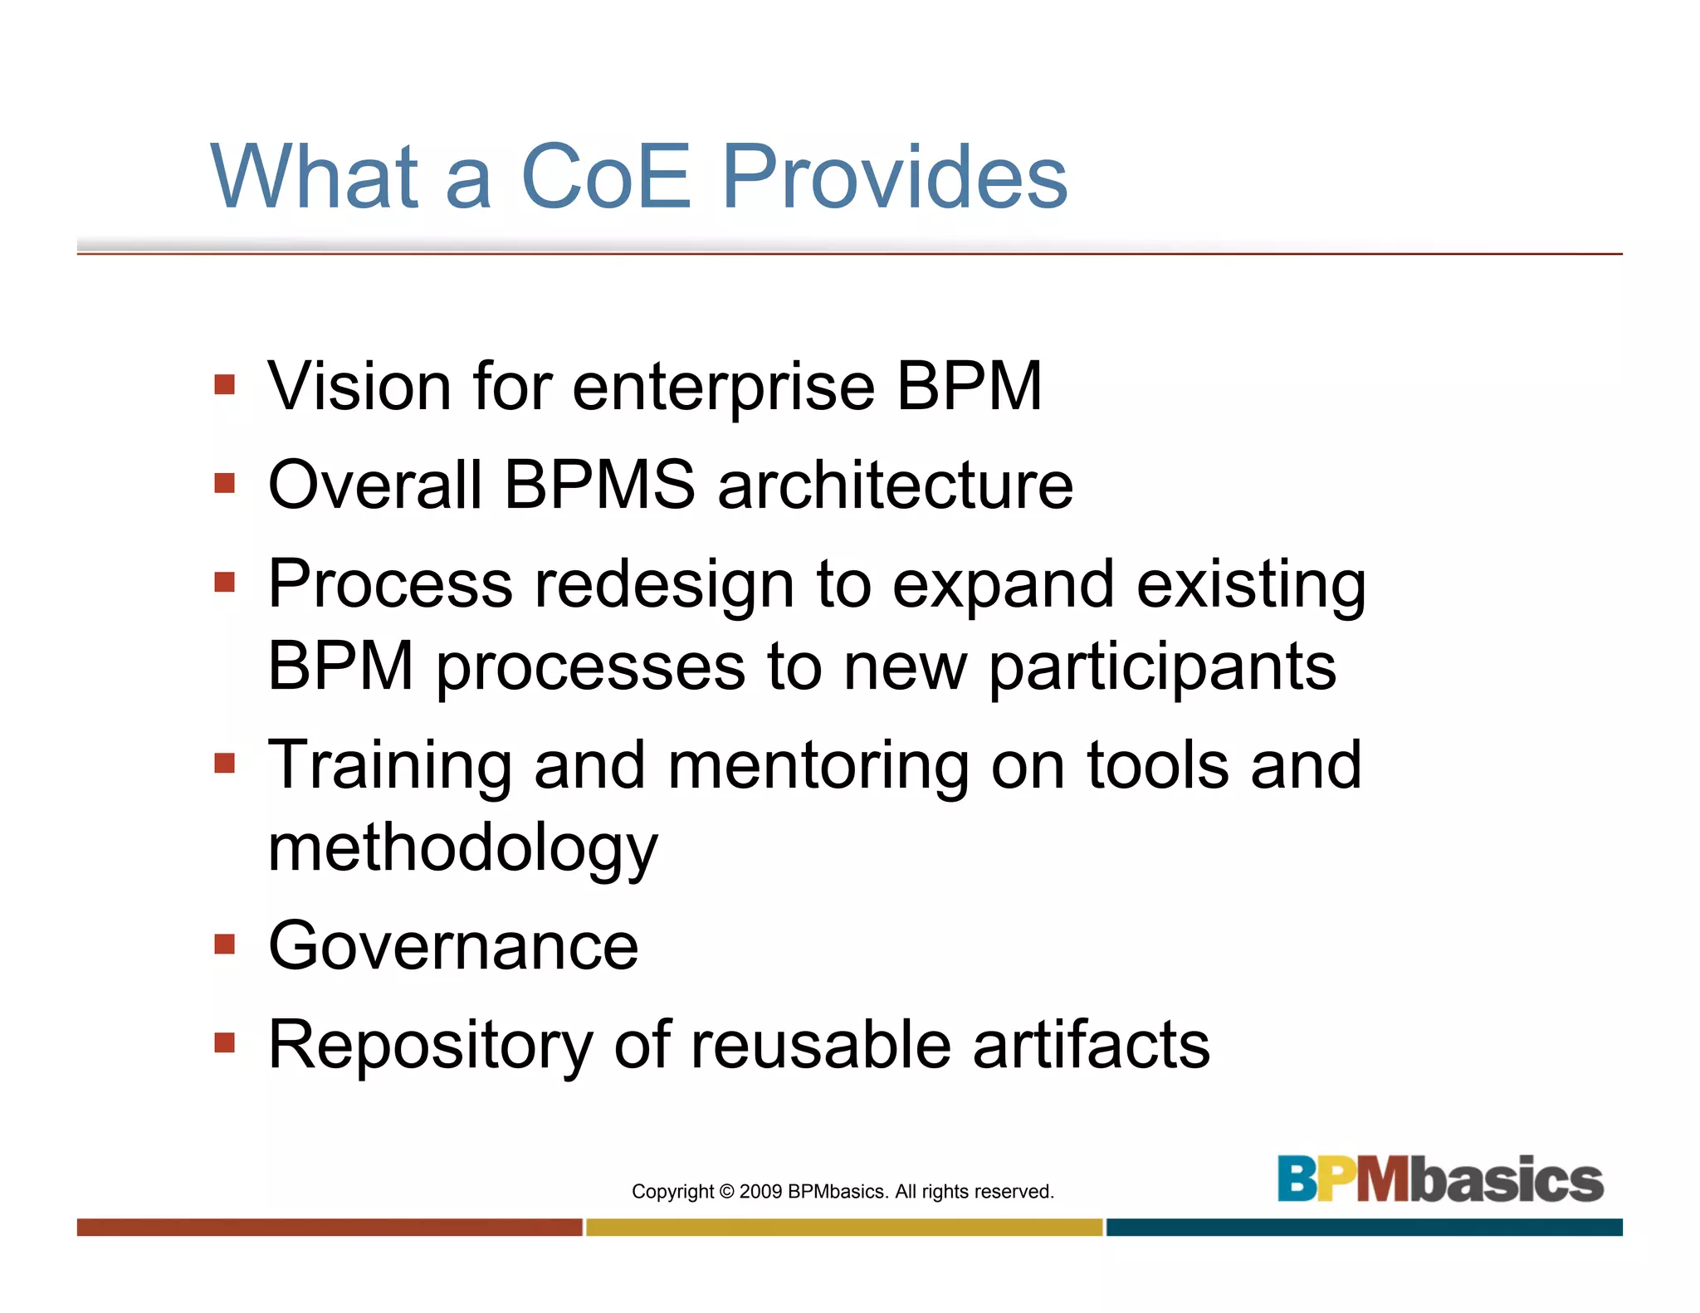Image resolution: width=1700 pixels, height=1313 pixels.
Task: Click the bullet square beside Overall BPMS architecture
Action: (224, 483)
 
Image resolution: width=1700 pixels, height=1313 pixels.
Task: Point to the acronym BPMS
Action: (599, 485)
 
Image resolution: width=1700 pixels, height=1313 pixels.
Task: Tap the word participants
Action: (1162, 668)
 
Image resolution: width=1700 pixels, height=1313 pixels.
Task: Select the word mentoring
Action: (818, 765)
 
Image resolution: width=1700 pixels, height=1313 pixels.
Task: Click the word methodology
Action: (462, 848)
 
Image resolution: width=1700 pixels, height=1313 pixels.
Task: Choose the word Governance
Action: (453, 946)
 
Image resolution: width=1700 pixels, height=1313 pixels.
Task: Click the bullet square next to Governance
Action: (224, 944)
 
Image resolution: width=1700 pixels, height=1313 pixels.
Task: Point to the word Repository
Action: (430, 1046)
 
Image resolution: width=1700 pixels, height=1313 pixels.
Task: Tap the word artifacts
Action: (1091, 1045)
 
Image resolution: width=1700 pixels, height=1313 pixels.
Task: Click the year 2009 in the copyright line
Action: (760, 1192)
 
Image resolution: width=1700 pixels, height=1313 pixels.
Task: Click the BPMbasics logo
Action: (1440, 1179)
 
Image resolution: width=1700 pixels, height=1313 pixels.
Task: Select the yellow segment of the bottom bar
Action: (844, 1228)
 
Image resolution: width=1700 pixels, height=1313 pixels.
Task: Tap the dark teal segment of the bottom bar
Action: (1364, 1228)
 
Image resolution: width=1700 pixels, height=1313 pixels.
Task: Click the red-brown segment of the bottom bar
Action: (330, 1228)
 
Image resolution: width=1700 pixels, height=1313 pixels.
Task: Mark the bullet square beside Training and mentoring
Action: (224, 763)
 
